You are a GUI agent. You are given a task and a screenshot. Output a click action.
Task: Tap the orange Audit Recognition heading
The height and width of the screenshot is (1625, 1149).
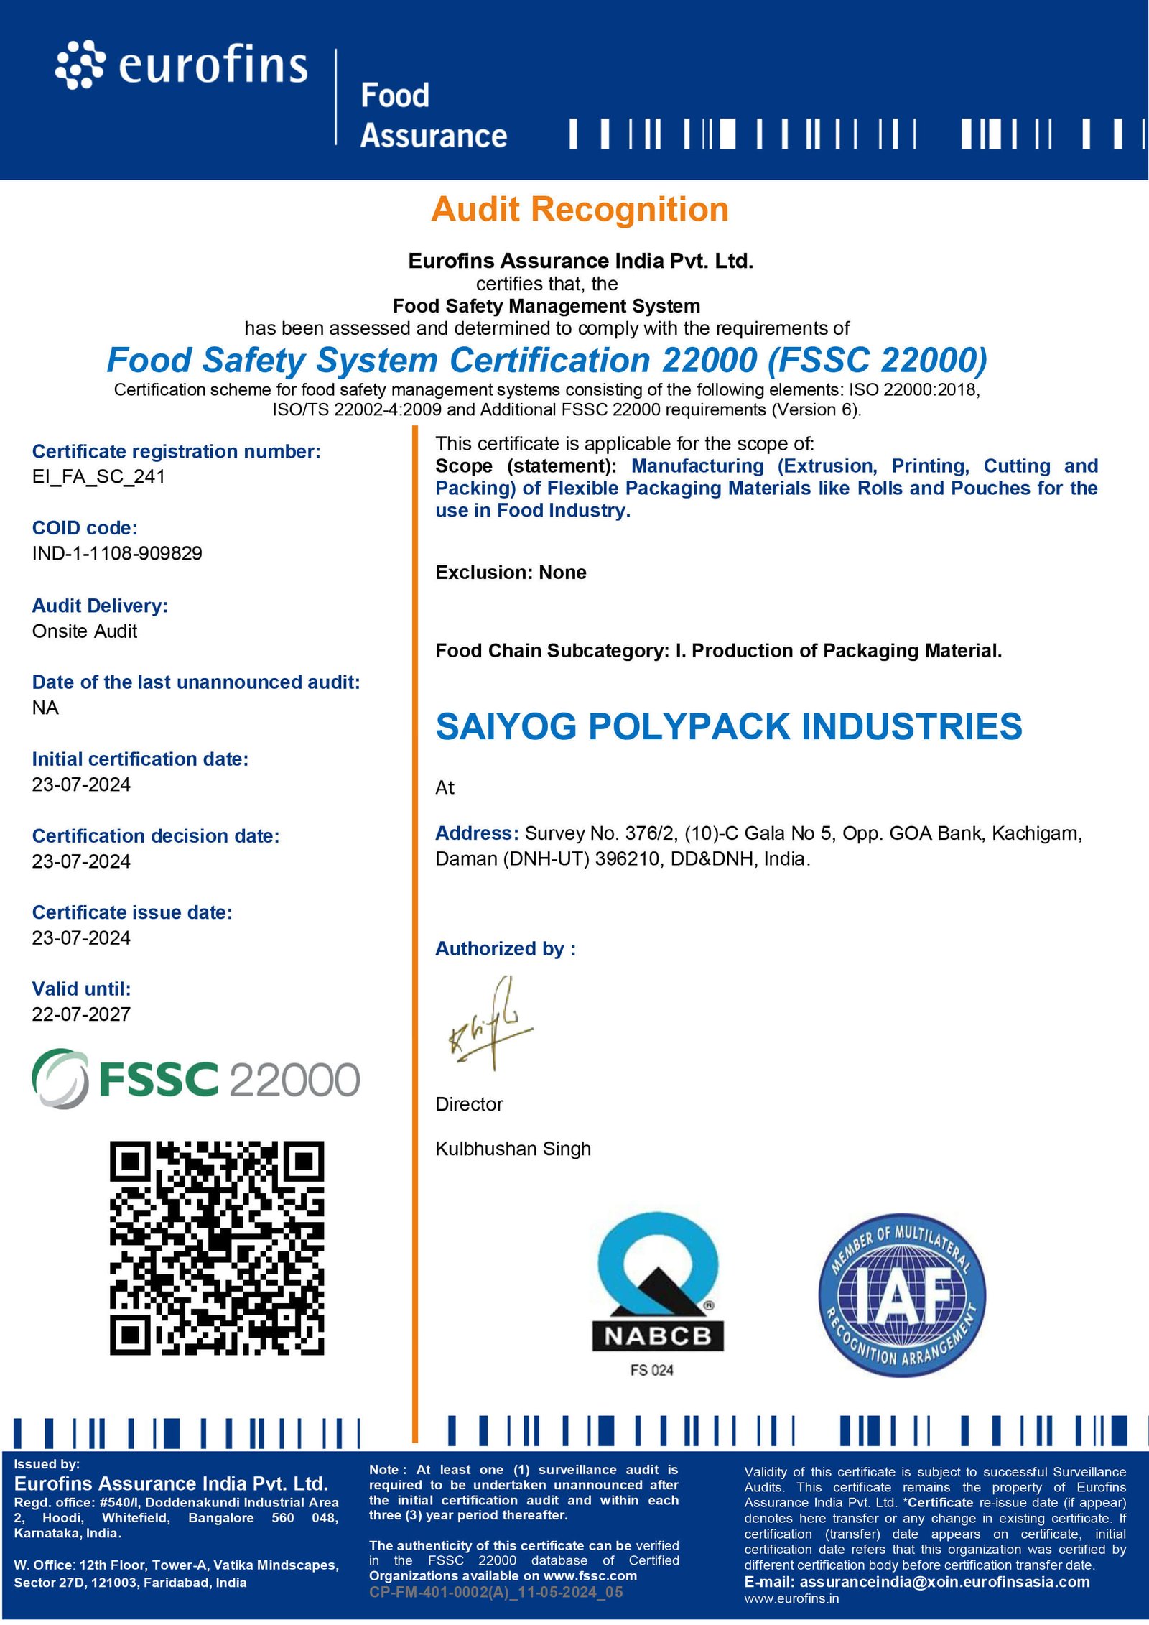point(580,210)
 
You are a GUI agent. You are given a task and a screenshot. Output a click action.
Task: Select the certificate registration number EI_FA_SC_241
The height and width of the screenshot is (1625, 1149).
point(98,477)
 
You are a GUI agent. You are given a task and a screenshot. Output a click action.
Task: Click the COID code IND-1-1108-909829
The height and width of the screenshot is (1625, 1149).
point(117,553)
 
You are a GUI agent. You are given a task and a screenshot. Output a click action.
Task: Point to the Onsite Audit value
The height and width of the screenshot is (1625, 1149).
point(84,631)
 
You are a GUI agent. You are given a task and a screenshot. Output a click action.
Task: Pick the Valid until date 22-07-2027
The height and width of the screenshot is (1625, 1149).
point(81,1014)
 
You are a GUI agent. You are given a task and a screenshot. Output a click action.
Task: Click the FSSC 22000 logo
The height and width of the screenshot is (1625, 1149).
point(195,1079)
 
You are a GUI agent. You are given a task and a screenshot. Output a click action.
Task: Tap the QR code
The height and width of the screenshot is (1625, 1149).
point(217,1248)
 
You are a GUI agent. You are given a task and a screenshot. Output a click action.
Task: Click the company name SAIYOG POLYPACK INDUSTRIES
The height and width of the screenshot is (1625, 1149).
point(728,727)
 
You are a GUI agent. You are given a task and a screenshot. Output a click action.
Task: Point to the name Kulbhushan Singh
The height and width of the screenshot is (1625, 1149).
point(513,1149)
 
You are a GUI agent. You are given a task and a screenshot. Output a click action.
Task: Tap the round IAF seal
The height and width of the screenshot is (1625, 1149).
point(902,1296)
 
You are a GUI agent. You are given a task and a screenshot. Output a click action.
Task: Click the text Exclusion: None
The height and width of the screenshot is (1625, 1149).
point(511,573)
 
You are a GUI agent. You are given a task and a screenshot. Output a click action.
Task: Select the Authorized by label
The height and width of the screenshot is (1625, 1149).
point(506,949)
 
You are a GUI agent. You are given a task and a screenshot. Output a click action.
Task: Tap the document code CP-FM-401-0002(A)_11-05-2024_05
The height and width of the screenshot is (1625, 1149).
point(496,1592)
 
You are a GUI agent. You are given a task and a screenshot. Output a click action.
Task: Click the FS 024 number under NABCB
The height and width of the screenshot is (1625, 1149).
point(652,1370)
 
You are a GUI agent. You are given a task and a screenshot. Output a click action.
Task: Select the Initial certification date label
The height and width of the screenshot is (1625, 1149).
point(140,759)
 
